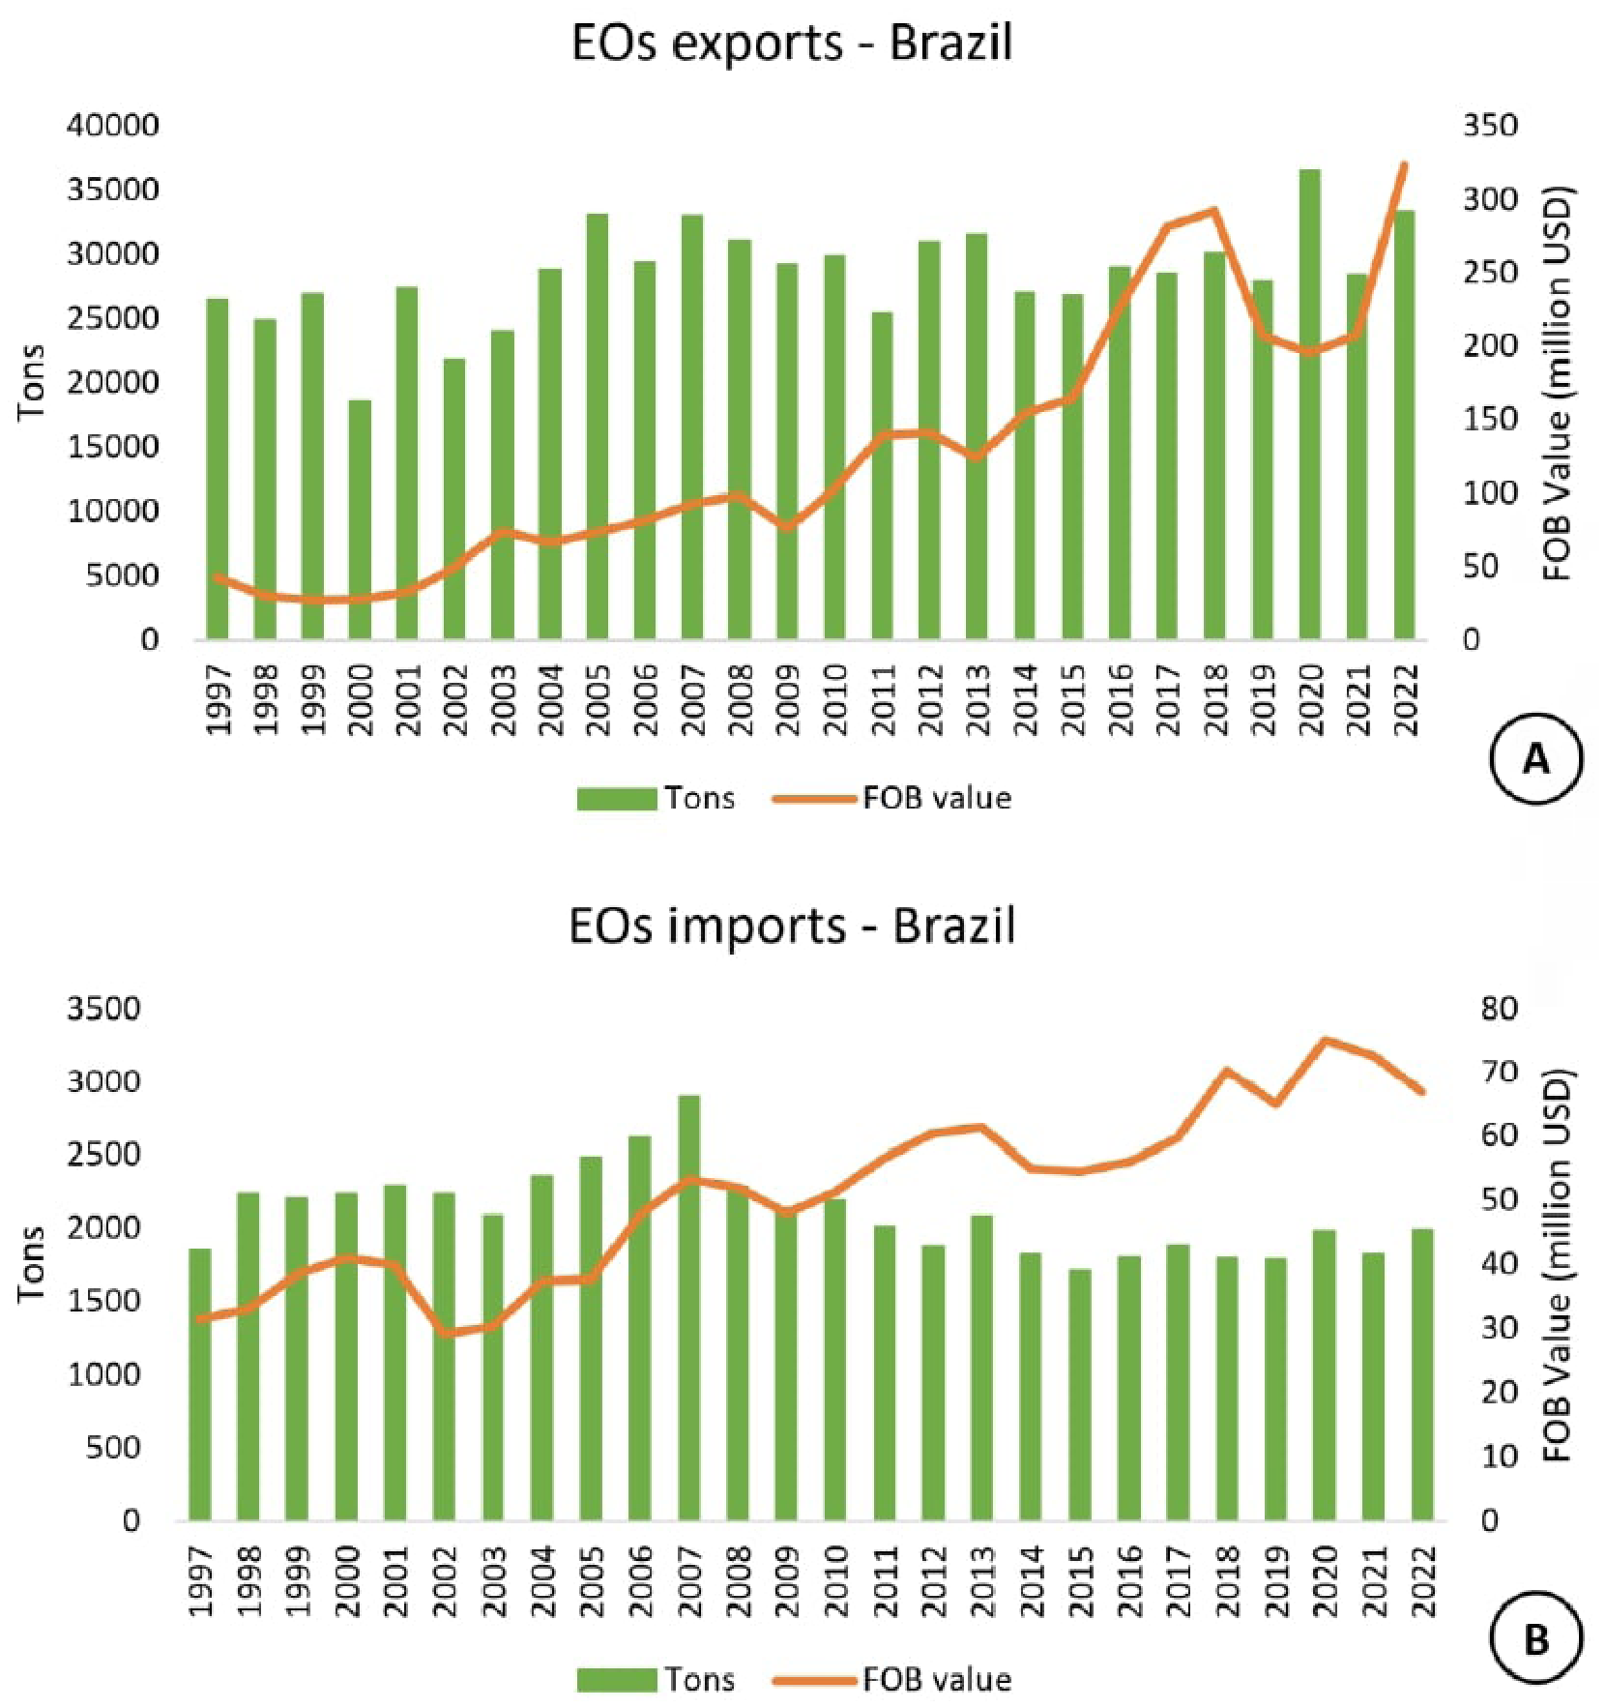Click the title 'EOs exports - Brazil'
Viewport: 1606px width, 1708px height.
pyautogui.click(x=791, y=43)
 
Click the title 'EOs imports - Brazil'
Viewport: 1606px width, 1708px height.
pyautogui.click(x=791, y=926)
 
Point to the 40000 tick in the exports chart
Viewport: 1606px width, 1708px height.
pyautogui.click(x=112, y=126)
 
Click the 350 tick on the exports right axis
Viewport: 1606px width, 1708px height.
pyautogui.click(x=1489, y=126)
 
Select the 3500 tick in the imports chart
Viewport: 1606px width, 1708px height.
pyautogui.click(x=103, y=1009)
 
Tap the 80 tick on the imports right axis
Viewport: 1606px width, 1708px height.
pyautogui.click(x=1499, y=1009)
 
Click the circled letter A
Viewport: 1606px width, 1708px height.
pyautogui.click(x=1536, y=760)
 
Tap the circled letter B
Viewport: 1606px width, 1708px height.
pyautogui.click(x=1536, y=1640)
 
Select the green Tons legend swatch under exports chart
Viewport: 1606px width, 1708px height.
pyautogui.click(x=616, y=799)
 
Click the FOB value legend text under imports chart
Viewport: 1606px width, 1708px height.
pyautogui.click(x=937, y=1680)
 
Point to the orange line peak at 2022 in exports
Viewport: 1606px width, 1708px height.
pyautogui.click(x=1404, y=165)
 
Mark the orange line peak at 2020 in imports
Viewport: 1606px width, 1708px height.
pyautogui.click(x=1325, y=1041)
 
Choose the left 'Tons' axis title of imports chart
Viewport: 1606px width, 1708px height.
pyautogui.click(x=32, y=1264)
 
